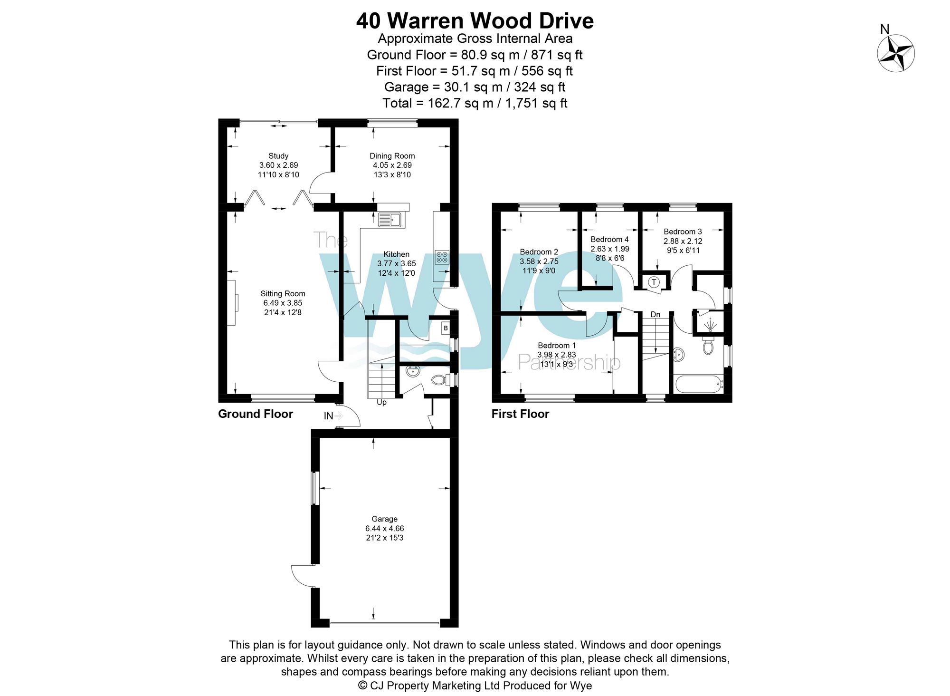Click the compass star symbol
tap(895, 53)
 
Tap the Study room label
tap(278, 156)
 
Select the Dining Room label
tap(392, 156)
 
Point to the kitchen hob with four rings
tap(442, 257)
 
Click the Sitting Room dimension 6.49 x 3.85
tap(283, 303)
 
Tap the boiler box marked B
tap(446, 328)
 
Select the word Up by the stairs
tap(381, 402)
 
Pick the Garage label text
tap(384, 519)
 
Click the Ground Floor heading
tap(255, 414)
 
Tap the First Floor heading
tap(520, 414)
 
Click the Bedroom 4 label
tap(609, 240)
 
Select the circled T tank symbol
tap(654, 282)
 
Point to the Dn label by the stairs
tap(655, 315)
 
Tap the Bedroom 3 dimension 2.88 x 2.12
tap(683, 241)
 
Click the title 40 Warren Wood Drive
tap(475, 21)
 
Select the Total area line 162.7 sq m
tap(475, 103)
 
